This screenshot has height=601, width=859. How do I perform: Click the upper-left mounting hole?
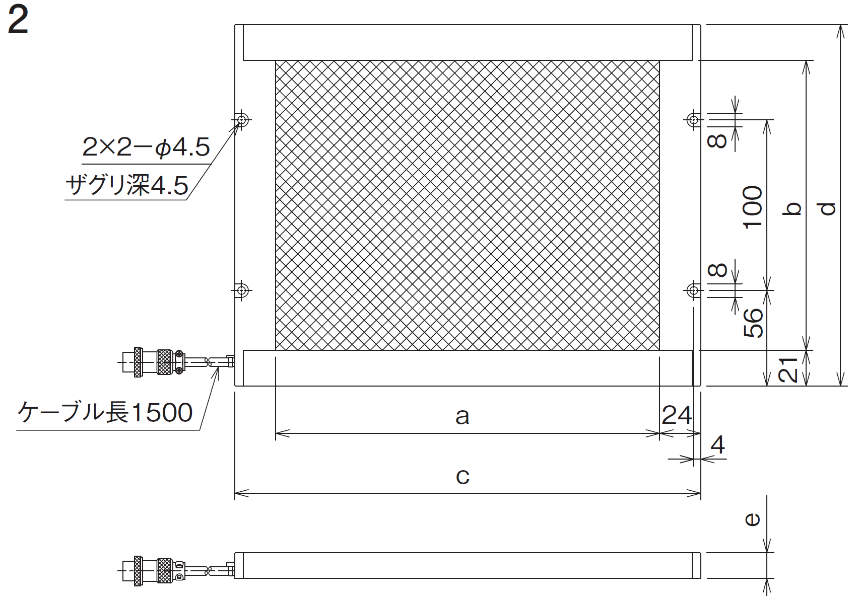(x=242, y=120)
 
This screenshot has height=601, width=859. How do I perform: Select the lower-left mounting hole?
(x=242, y=290)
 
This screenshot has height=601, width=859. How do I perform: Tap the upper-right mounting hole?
(x=693, y=120)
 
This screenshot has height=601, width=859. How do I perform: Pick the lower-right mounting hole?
(x=693, y=290)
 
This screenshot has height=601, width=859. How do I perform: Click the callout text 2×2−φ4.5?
(x=146, y=147)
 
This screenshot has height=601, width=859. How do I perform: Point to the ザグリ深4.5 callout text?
(x=127, y=185)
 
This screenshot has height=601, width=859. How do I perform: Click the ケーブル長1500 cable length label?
(x=105, y=413)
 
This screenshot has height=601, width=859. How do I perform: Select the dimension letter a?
(x=462, y=416)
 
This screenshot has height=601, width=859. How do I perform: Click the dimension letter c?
(x=462, y=477)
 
